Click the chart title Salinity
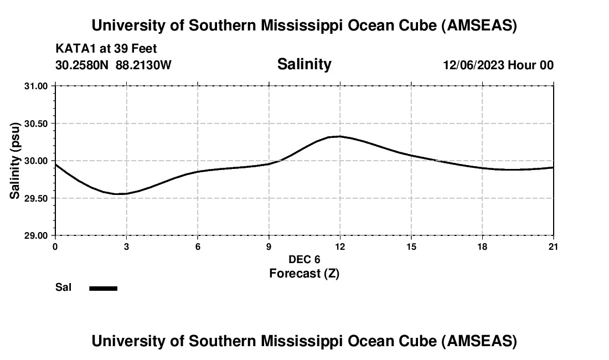304,64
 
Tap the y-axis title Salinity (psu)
15,160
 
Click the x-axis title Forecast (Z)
304,274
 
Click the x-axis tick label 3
126,246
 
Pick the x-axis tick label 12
340,246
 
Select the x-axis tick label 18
482,246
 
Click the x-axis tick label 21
553,246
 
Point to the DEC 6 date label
304,260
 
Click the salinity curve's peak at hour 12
340,136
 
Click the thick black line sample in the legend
104,288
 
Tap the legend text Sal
64,288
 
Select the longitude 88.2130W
143,65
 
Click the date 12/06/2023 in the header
473,65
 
